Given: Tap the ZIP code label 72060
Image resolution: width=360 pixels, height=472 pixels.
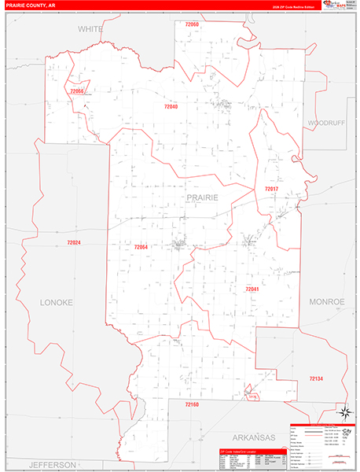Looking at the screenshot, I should point(191,26).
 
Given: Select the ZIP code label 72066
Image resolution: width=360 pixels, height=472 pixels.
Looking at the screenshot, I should point(76,91).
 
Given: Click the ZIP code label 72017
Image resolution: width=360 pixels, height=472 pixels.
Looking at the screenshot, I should point(271,190).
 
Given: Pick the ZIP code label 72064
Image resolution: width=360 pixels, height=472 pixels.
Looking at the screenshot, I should point(141,247).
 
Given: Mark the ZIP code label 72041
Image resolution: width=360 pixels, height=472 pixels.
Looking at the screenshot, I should point(252,289).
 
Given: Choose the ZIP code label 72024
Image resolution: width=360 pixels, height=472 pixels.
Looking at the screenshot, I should point(74,242).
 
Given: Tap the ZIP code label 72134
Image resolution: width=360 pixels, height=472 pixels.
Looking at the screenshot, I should point(315,379).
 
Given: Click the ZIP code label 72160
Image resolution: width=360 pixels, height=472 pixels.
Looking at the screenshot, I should point(193,404).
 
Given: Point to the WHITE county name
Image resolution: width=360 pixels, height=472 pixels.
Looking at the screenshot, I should point(90,28).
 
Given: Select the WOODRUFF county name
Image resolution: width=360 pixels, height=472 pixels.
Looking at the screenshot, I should point(325,124).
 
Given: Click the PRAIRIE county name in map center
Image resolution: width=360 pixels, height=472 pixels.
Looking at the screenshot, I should point(202,197).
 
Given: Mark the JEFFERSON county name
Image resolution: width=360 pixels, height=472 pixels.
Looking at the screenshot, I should point(53,464).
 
